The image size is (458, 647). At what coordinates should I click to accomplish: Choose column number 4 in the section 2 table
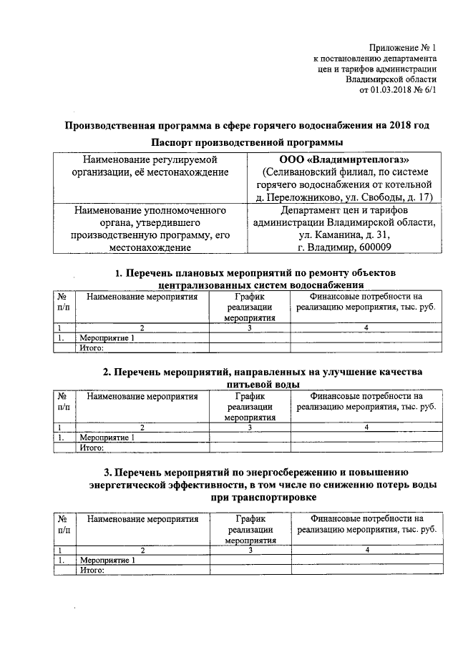coord(366,428)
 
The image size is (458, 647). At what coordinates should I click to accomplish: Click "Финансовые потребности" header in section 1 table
coord(366,301)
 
